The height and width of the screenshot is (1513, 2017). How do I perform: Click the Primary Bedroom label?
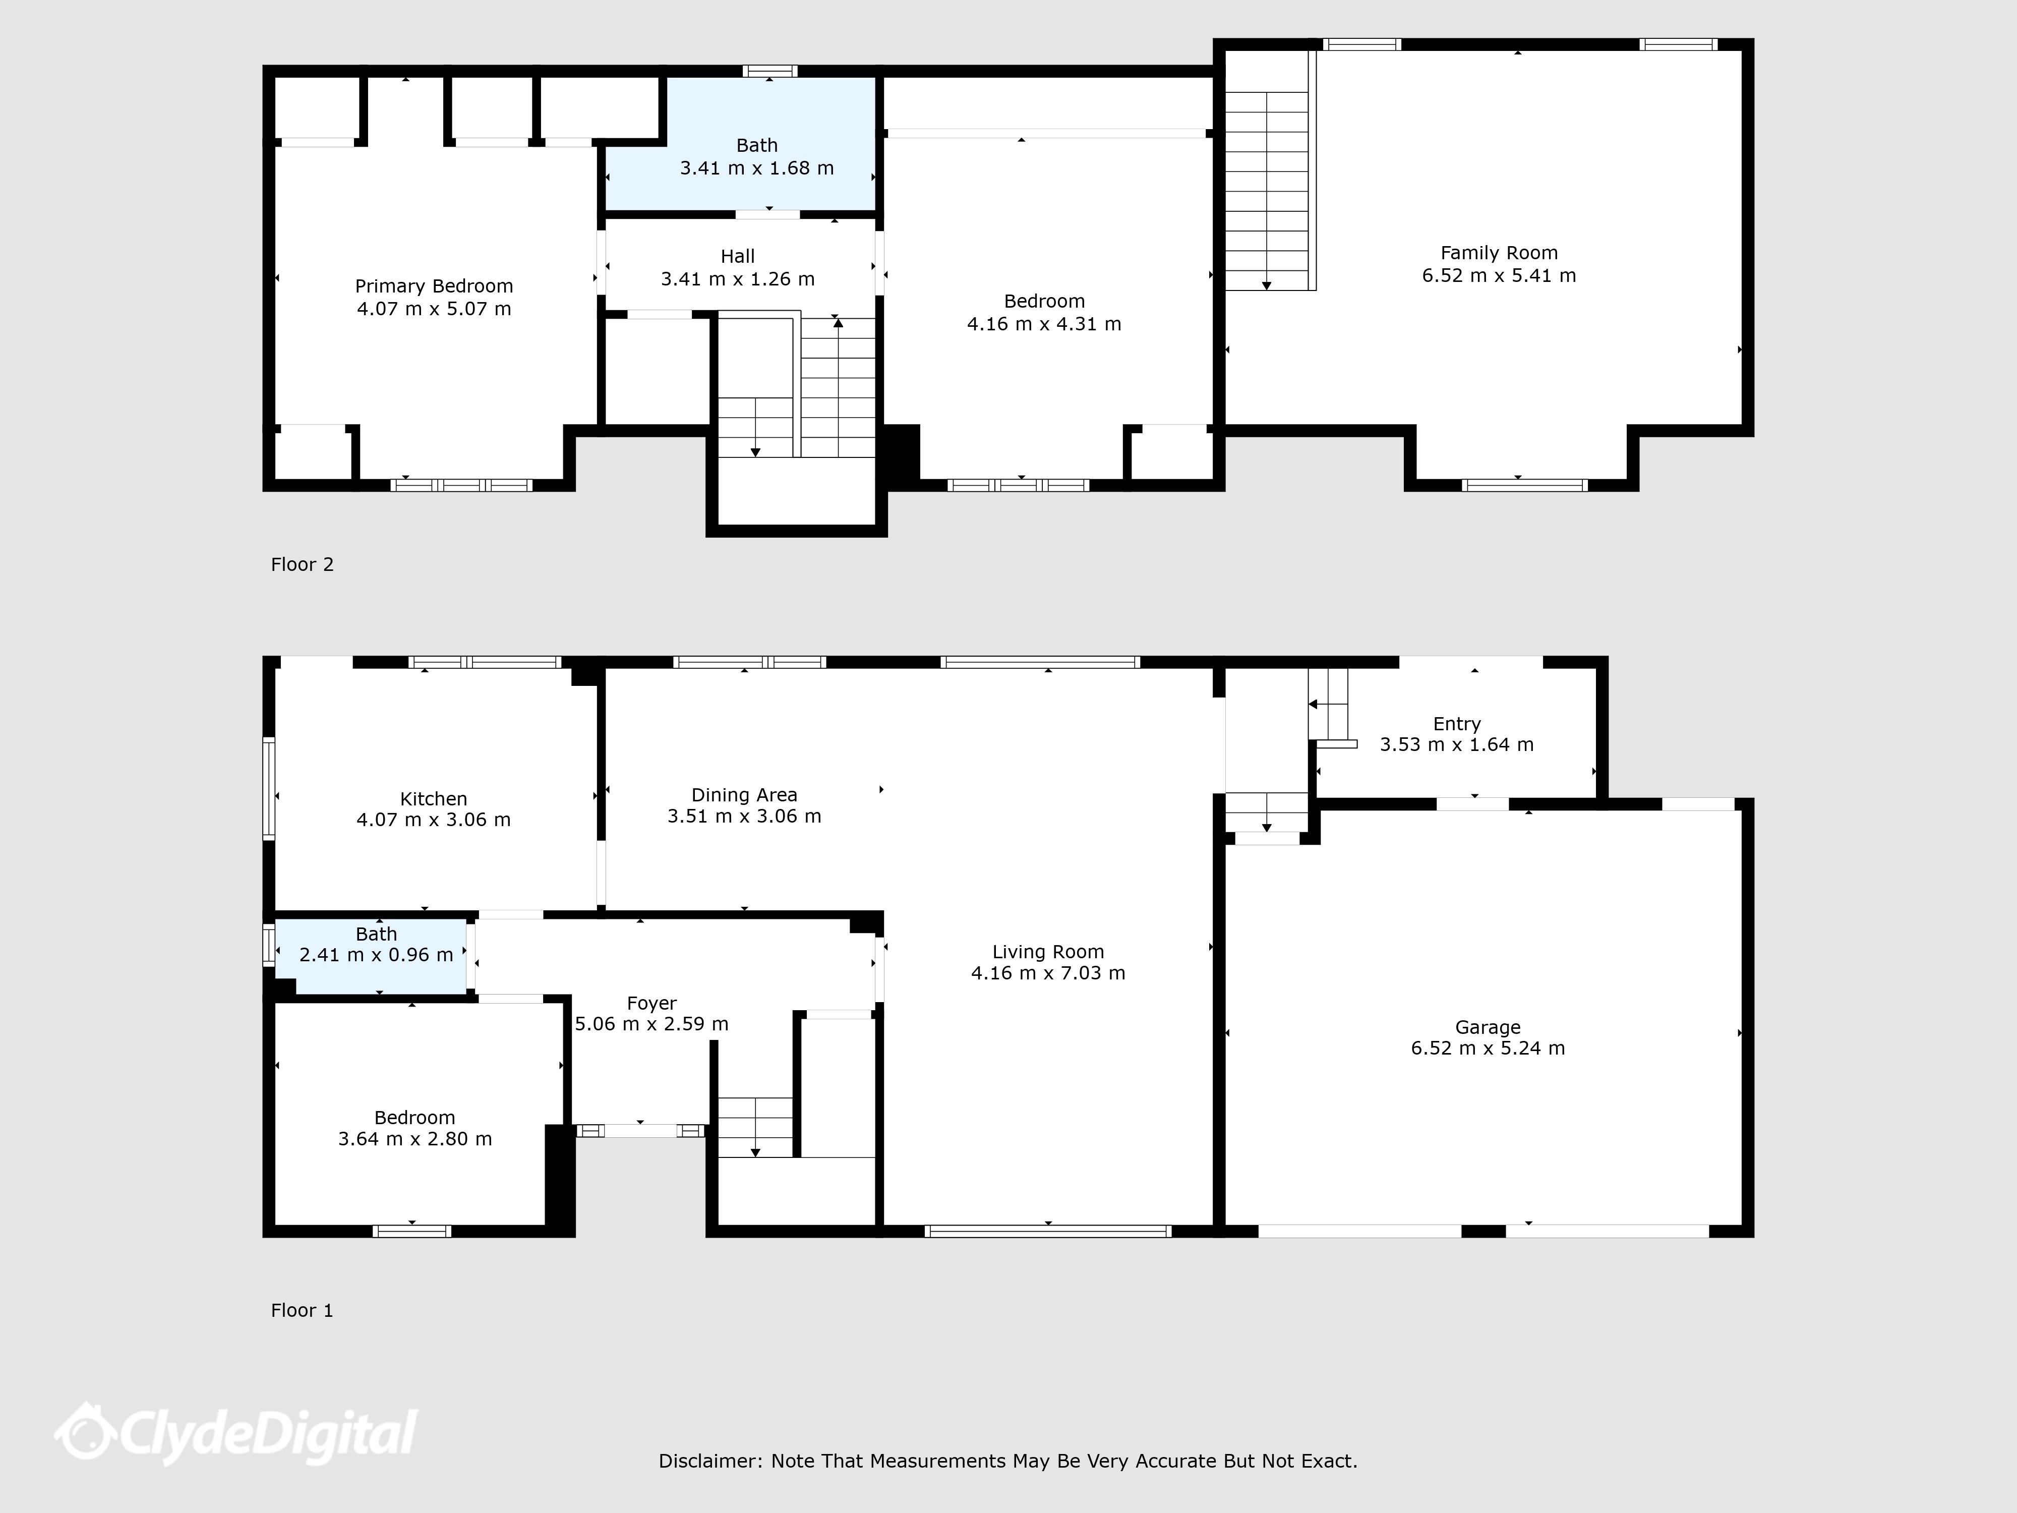coord(434,286)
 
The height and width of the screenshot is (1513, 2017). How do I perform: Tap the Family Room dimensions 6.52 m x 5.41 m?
coord(1499,275)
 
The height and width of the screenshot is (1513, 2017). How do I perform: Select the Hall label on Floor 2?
coord(738,256)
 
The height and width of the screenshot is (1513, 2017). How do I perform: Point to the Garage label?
coord(1488,1027)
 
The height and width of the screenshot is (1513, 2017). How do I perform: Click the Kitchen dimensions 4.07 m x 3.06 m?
coord(434,820)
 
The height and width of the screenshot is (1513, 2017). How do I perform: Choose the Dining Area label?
coord(744,795)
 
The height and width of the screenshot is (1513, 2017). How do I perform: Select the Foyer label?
coord(652,1003)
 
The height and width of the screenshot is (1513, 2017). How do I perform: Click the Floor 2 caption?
coord(303,564)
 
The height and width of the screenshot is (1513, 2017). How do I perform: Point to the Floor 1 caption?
coord(303,1311)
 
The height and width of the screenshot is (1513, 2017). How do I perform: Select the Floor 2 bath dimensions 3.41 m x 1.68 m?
coord(757,168)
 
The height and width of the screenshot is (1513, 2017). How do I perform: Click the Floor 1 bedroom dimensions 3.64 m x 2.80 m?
coord(415,1139)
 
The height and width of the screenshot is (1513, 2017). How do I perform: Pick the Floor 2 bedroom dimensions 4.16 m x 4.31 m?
coord(1044,324)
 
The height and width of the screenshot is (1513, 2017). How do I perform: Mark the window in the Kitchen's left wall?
coord(269,788)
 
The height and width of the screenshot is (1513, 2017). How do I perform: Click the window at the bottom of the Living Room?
coord(1048,1231)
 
